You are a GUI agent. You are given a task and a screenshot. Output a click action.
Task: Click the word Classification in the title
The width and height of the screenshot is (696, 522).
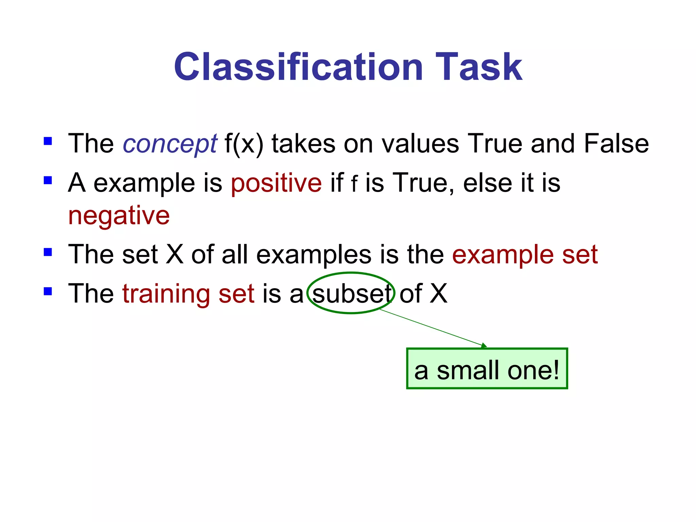click(x=298, y=67)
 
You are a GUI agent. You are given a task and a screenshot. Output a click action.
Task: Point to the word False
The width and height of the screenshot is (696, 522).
click(x=616, y=143)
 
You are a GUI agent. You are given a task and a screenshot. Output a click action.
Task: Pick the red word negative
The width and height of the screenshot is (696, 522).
click(x=119, y=216)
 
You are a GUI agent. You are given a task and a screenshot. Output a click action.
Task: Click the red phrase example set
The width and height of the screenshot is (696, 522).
click(x=525, y=255)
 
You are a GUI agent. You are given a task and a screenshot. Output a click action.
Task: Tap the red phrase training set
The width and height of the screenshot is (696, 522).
click(x=188, y=294)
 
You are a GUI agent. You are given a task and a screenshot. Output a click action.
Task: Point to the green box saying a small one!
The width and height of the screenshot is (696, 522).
click(x=487, y=369)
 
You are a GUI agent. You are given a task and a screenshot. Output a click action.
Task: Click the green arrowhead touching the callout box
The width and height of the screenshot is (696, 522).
click(x=484, y=346)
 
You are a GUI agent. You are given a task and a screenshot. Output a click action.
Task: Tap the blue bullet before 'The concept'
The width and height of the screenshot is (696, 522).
click(x=48, y=141)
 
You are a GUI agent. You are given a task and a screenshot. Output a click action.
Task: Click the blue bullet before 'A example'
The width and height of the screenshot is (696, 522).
click(x=48, y=180)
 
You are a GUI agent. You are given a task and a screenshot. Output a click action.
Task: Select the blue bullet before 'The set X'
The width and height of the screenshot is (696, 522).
click(x=48, y=252)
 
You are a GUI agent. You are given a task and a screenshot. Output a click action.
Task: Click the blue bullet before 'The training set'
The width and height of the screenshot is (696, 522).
click(x=48, y=291)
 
